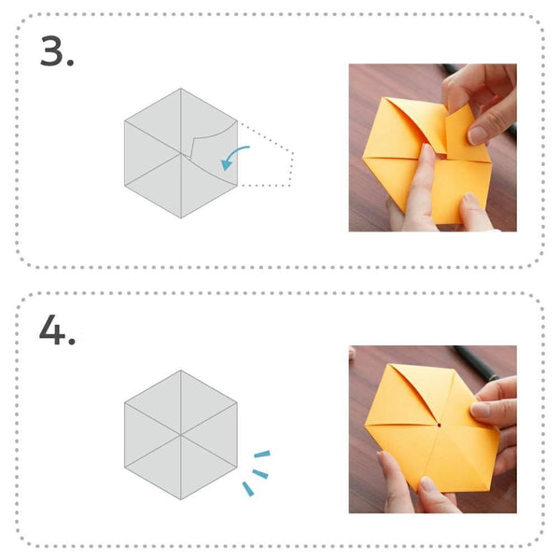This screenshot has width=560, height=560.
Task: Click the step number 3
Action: pos(57,53)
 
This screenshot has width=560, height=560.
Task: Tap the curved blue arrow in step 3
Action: pos(238,153)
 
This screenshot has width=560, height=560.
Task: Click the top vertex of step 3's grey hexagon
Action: pos(181,90)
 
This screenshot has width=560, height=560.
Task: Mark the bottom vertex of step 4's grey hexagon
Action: pos(181,498)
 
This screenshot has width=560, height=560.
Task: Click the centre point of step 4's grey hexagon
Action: pos(181,434)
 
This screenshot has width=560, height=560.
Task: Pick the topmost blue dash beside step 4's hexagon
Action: pos(262,455)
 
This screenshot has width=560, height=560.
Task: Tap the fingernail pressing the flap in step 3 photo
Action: pos(479,135)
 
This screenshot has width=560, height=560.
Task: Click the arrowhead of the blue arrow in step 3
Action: pos(226,166)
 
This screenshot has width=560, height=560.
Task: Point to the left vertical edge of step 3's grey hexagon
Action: pos(125,154)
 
